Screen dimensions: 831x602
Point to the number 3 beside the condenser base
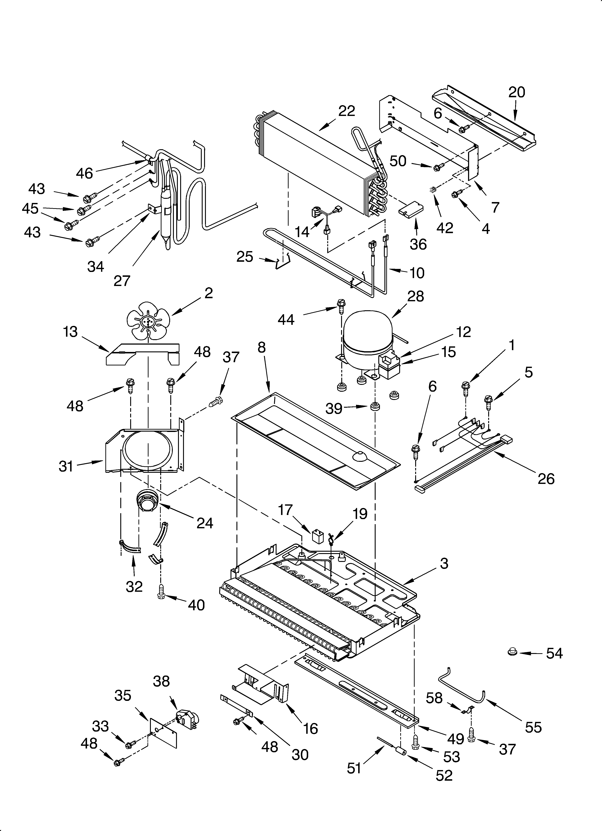[444, 563]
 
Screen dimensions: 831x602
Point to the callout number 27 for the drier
[122, 281]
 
